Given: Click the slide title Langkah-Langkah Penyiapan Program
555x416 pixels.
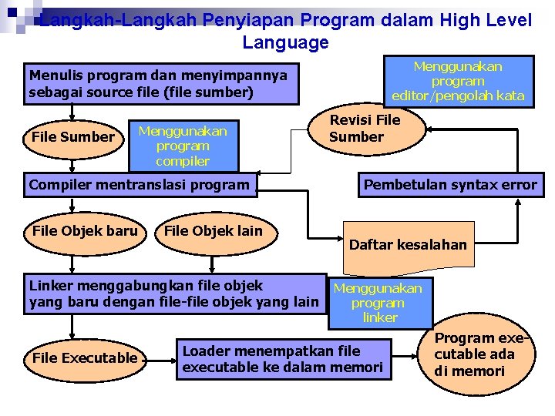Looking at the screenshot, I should [x=285, y=21].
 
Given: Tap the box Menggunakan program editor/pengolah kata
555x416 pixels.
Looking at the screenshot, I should [x=458, y=81].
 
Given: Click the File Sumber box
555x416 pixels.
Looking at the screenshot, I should [x=72, y=137].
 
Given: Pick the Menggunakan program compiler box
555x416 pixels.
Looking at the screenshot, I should [x=183, y=146].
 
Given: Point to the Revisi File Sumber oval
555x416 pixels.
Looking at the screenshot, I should [x=365, y=129].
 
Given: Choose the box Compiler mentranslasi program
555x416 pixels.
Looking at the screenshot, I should [x=140, y=185].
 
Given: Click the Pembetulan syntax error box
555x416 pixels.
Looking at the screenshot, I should [x=450, y=185].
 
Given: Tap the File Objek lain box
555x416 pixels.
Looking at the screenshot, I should [x=214, y=230].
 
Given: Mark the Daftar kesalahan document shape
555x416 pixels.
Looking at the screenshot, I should [x=408, y=245].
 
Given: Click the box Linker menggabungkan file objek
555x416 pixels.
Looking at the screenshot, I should [x=173, y=294].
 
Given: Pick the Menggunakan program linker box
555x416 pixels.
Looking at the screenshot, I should [x=379, y=303].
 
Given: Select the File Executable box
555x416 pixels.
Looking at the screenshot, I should [x=85, y=357].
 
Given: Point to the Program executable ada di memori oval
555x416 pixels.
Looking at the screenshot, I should [x=479, y=354].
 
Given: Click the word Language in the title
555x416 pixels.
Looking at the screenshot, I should [x=285, y=42].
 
